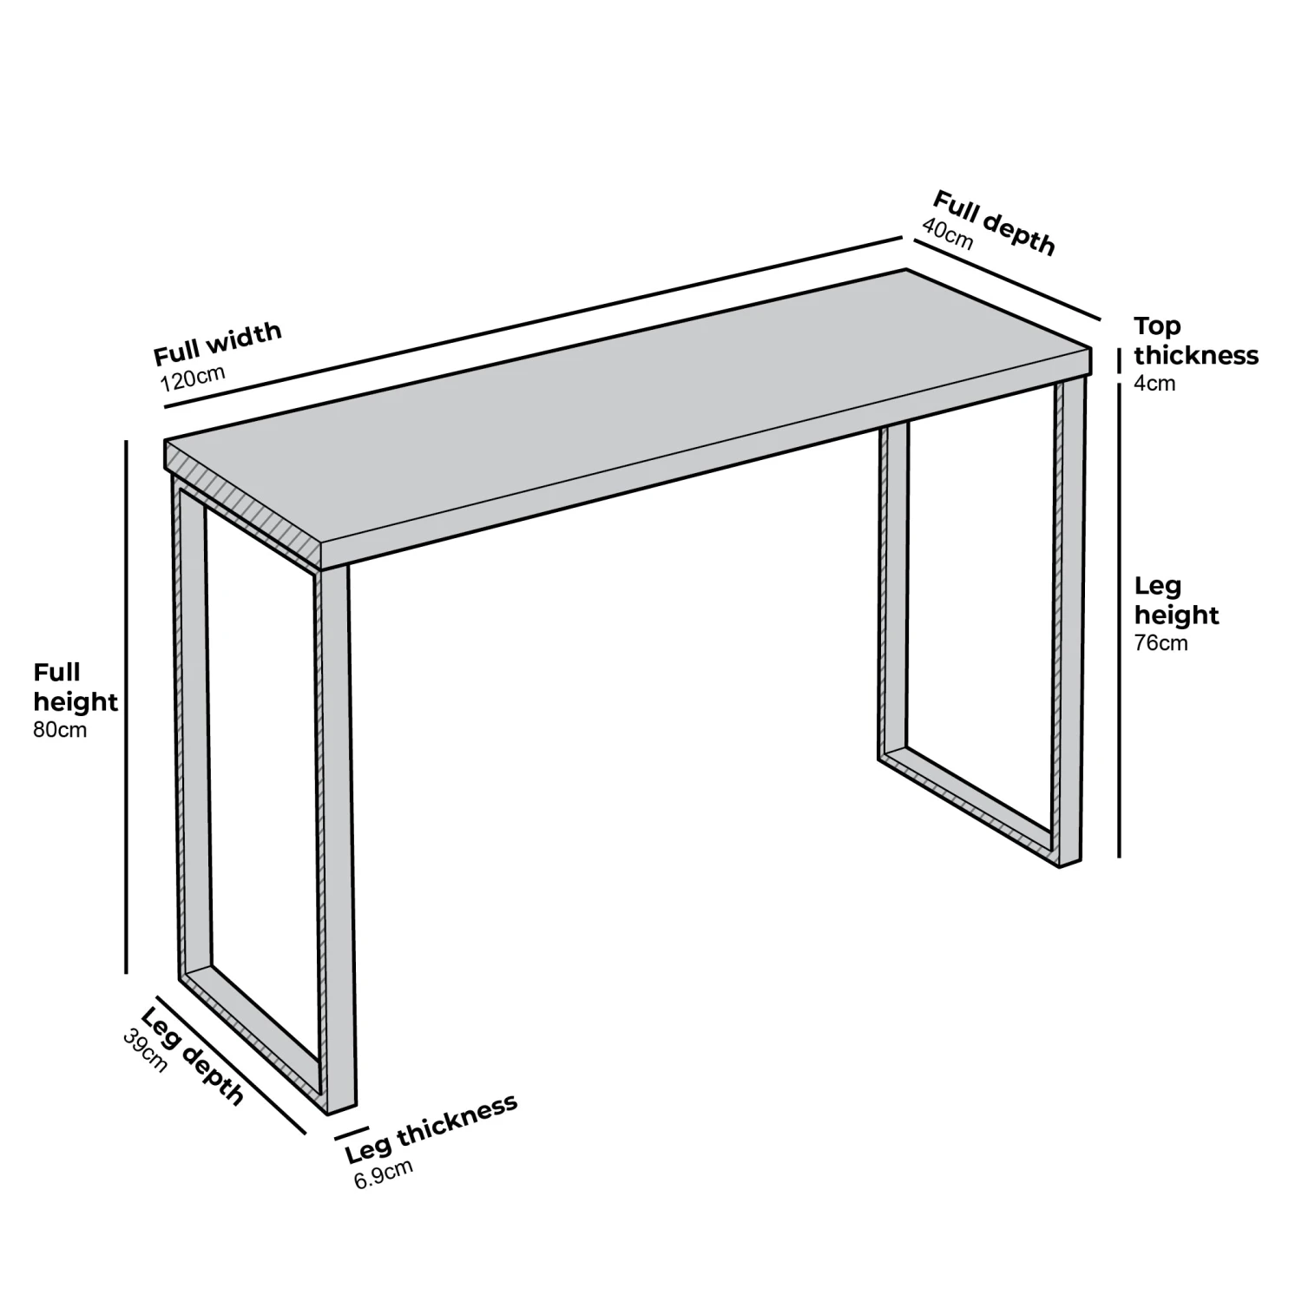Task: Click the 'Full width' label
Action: click(x=218, y=344)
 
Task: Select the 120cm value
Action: click(x=193, y=378)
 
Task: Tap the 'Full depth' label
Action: click(x=994, y=223)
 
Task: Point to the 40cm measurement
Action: click(x=948, y=233)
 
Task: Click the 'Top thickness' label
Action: click(x=1195, y=340)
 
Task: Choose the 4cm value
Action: click(x=1154, y=383)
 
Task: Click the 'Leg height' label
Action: click(x=1176, y=601)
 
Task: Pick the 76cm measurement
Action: click(x=1161, y=643)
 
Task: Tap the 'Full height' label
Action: click(x=76, y=687)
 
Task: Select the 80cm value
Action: click(x=60, y=729)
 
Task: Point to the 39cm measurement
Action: click(x=145, y=1050)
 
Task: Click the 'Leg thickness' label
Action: click(x=431, y=1128)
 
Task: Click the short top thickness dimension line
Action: click(x=1119, y=358)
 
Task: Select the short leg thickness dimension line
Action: click(x=352, y=1133)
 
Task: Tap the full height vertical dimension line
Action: click(x=127, y=707)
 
